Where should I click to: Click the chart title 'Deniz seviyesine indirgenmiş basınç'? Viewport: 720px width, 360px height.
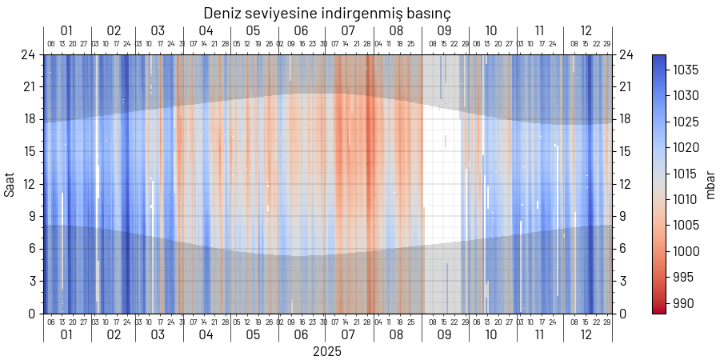326,13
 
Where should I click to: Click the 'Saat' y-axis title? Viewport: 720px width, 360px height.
10,184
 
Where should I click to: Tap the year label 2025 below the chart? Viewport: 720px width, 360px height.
326,351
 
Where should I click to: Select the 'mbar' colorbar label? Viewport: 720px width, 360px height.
710,184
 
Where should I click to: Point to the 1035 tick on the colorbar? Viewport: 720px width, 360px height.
686,70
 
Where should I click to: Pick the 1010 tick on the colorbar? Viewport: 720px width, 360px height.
686,200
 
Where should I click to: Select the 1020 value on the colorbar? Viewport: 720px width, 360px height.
686,148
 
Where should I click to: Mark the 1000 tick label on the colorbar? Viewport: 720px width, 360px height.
686,251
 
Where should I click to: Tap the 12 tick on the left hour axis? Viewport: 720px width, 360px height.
30,184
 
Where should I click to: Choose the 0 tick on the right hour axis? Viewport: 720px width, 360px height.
622,314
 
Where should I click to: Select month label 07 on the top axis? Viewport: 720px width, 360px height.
349,31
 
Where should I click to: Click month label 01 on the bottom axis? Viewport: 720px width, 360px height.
66,334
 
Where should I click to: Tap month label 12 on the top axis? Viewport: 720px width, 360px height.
586,31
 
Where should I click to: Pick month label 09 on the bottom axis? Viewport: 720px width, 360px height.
444,334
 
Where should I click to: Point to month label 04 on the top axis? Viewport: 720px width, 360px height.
206,31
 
